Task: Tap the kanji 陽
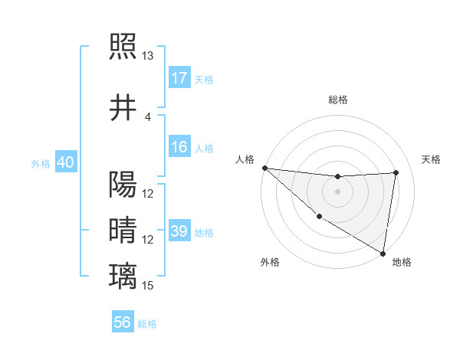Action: [123, 185]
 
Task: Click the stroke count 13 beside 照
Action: [148, 56]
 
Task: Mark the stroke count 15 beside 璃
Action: [148, 286]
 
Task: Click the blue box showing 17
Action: [179, 78]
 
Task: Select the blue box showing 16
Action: [179, 148]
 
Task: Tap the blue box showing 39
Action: [179, 231]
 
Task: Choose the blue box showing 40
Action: [65, 163]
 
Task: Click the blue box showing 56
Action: [123, 323]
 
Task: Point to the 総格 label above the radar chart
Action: [338, 100]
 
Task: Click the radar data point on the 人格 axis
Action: [264, 168]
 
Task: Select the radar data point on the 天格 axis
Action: [396, 172]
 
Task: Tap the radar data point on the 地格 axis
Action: [383, 252]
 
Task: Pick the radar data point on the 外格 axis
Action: [319, 217]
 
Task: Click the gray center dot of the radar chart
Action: [337, 191]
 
